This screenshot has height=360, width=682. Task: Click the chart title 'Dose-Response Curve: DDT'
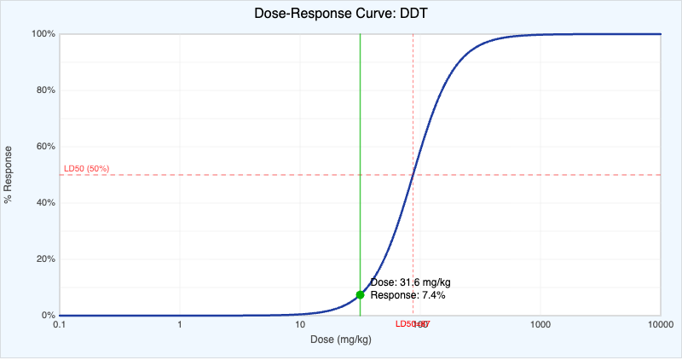click(340, 15)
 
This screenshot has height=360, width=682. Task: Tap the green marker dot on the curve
click(360, 294)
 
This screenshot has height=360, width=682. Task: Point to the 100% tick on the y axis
click(43, 34)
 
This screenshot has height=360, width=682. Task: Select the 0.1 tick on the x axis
click(60, 325)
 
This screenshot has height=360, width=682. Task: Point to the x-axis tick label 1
click(180, 325)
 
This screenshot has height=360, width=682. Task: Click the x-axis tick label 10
click(299, 325)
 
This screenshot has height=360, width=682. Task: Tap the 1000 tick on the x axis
click(540, 325)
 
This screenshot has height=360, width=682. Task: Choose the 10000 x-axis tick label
click(661, 325)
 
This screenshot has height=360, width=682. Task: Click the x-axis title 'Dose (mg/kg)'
click(340, 340)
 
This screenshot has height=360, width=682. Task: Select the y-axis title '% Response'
click(9, 175)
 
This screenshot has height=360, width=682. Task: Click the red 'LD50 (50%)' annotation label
click(86, 168)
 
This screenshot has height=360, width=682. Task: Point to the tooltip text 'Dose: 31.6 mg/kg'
click(410, 282)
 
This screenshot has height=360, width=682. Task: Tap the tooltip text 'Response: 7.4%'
click(407, 295)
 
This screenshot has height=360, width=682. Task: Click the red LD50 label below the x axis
click(413, 324)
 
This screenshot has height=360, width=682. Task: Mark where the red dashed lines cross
click(413, 175)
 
